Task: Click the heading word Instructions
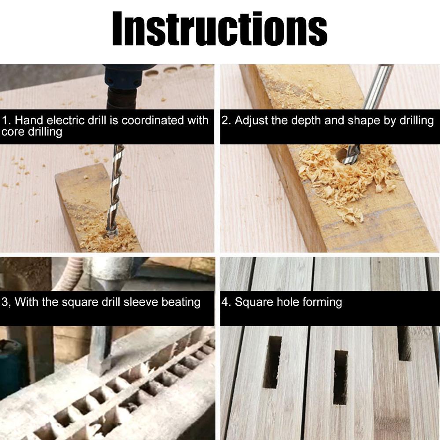[x=220, y=29]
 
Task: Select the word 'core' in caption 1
[x=13, y=132]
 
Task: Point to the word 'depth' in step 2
[x=305, y=121]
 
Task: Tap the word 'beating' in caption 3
[x=181, y=303]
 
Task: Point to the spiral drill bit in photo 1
[x=114, y=191]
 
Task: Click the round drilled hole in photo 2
[x=343, y=155]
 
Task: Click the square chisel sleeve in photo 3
[x=99, y=351]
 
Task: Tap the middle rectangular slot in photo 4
[x=341, y=378]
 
